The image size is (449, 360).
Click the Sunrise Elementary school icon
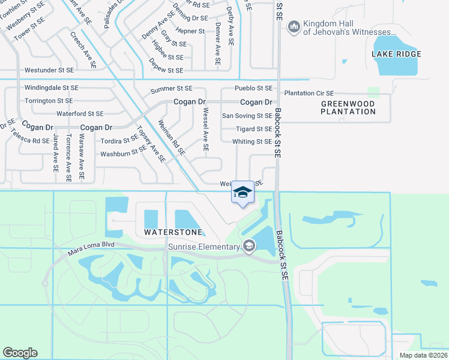[x=249, y=246]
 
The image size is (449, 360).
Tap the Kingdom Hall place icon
[x=294, y=26]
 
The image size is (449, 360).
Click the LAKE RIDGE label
[x=396, y=54]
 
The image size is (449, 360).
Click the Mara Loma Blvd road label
[x=91, y=248]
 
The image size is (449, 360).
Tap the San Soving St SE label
[x=247, y=116]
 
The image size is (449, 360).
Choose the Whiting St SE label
[x=252, y=142]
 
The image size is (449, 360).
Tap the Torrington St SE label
[x=49, y=101]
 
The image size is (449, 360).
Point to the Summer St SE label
[x=171, y=89]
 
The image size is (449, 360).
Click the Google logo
[x=20, y=353]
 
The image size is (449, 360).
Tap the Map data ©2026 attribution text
[x=423, y=355]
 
